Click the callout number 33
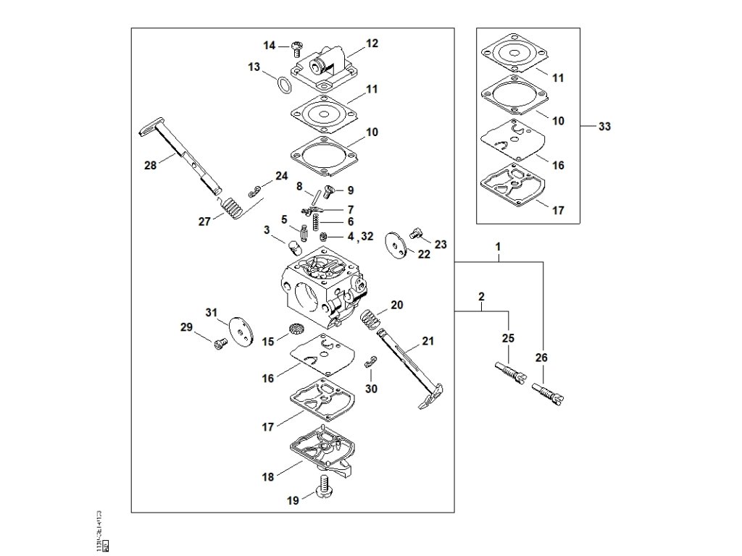click(604, 127)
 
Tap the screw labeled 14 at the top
click(296, 48)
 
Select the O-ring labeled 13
click(285, 85)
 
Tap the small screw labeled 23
click(416, 233)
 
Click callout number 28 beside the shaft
click(151, 166)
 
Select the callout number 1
click(499, 247)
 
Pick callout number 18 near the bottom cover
click(268, 477)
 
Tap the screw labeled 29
click(217, 344)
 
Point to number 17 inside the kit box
click(558, 211)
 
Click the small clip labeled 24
click(254, 191)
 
